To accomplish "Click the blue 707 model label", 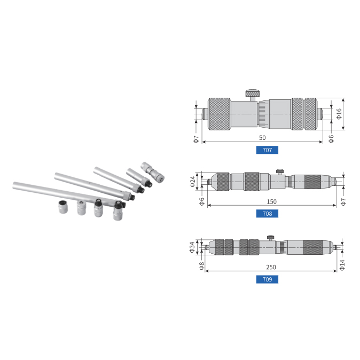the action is [267, 150].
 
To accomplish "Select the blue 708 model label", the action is [267, 214].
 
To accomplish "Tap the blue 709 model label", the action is [267, 279].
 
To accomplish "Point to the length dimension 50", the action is [262, 138].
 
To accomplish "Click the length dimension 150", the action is [271, 201].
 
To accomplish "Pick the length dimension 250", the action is [271, 267].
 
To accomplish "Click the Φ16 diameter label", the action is [339, 114].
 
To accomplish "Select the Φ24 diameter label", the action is [193, 182].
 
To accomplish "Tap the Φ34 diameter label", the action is [192, 247].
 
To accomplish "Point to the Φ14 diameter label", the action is [342, 265].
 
